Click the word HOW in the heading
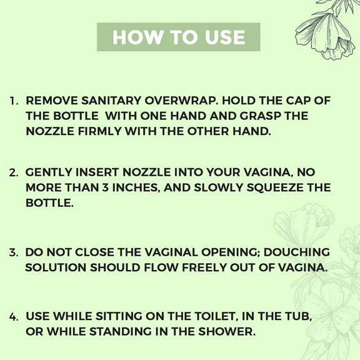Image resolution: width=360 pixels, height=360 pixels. point(137,37)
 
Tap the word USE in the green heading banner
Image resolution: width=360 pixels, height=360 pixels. point(225,37)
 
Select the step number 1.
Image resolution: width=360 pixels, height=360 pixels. point(14,101)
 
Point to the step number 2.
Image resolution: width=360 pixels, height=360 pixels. point(14,173)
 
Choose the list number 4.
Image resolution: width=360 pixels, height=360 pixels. point(14,317)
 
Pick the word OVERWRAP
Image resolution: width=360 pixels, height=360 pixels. point(181,101)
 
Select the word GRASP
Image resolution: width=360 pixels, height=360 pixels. point(261,116)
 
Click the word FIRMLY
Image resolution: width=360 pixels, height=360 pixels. point(99,131)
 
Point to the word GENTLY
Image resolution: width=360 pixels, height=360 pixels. point(49,172)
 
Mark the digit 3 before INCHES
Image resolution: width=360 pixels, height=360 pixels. point(105,187)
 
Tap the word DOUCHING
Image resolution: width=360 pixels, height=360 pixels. point(296,252)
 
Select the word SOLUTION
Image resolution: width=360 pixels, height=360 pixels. point(55,267)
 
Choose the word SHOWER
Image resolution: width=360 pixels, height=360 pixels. point(227,331)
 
